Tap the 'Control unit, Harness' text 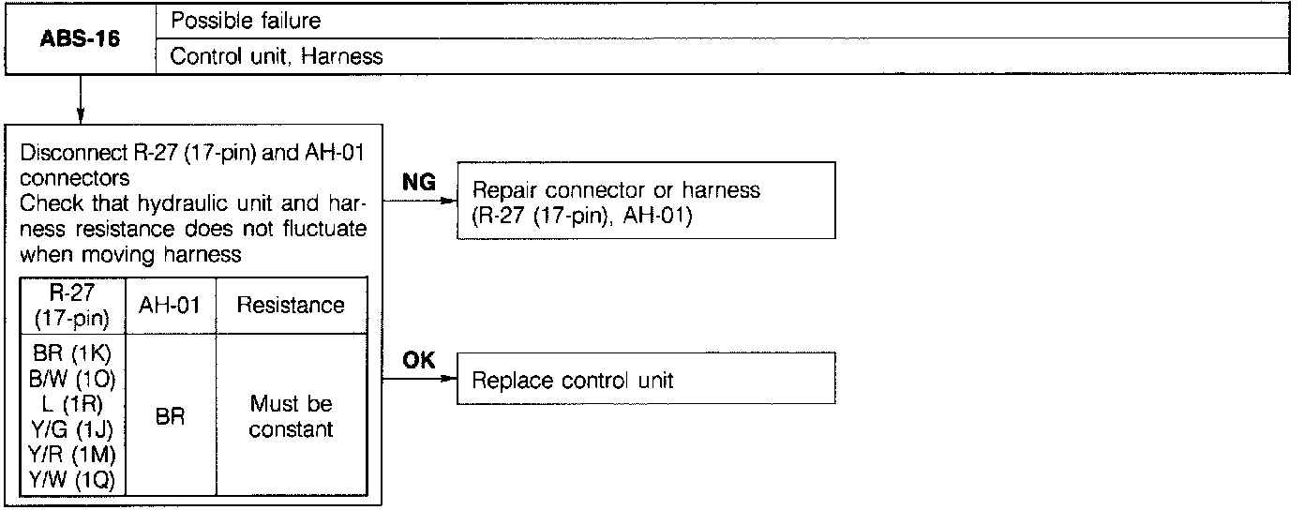click(x=277, y=56)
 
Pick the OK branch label click(x=419, y=361)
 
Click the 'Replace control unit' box click(x=646, y=379)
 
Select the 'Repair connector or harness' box click(x=646, y=200)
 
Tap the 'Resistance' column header click(x=291, y=305)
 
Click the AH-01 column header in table click(x=171, y=305)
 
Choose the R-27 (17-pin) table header click(x=72, y=305)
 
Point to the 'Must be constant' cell click(x=291, y=416)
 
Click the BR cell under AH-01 click(x=171, y=416)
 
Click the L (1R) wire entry click(x=72, y=404)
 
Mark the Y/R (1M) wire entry click(x=72, y=456)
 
